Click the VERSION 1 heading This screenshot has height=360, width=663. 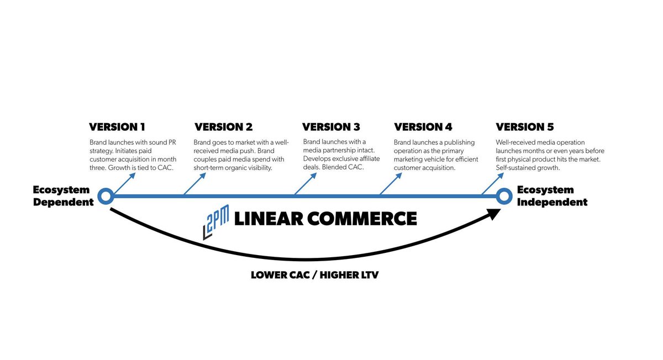117,127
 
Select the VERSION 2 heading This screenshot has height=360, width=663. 224,127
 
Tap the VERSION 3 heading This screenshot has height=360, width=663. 331,127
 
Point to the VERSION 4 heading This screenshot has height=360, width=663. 423,127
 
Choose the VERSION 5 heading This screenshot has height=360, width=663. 525,127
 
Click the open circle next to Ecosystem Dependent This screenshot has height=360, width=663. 106,195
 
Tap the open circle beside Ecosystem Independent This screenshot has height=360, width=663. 504,195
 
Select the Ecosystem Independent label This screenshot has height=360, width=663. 552,196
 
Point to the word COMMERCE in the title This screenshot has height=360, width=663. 362,219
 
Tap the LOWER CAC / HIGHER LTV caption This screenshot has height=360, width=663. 315,274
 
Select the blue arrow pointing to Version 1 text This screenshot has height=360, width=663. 124,184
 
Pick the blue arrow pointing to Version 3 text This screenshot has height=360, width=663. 306,184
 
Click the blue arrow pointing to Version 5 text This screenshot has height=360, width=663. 493,184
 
